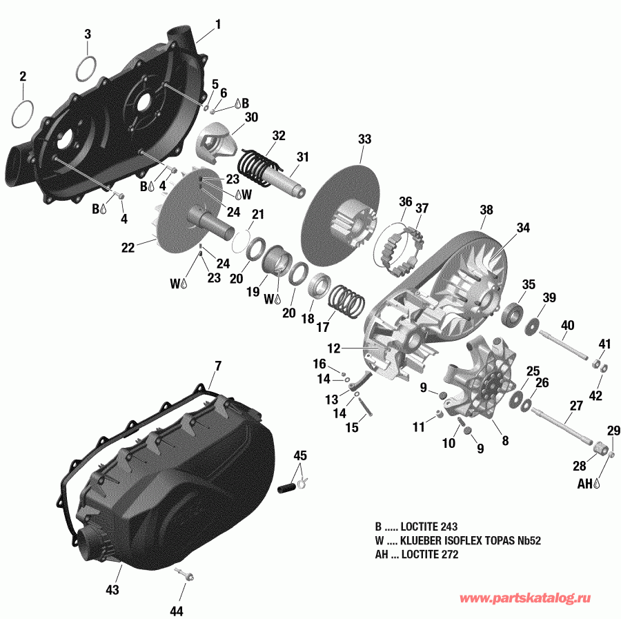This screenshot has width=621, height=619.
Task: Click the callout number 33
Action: [x=364, y=139]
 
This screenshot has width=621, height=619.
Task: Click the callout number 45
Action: [x=300, y=456]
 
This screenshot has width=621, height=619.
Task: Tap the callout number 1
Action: [x=218, y=25]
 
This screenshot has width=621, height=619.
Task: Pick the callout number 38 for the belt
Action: [x=487, y=210]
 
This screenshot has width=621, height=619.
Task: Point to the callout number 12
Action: [x=334, y=348]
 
